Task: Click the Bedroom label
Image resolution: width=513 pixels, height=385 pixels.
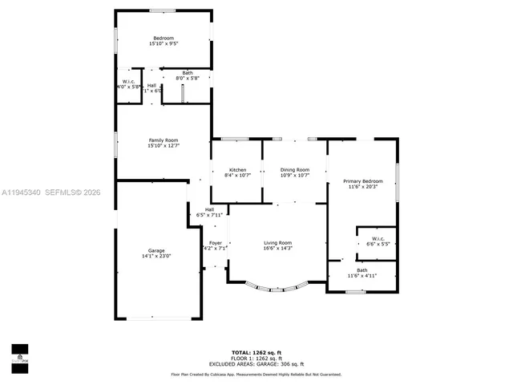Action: click(x=164, y=38)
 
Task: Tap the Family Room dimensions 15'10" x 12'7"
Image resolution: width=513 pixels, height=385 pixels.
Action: click(x=164, y=147)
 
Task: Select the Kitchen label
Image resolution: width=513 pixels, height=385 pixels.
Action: click(x=237, y=170)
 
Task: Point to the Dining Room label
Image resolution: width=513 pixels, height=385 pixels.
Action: click(x=294, y=170)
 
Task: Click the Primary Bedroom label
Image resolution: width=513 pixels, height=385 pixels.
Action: click(x=362, y=181)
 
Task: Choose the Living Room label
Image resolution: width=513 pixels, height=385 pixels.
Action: click(x=278, y=243)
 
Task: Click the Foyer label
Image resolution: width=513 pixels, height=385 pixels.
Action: click(x=216, y=243)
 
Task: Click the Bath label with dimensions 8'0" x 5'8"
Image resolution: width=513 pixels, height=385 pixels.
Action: click(x=187, y=73)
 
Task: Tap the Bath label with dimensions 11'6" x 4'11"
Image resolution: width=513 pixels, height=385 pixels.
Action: click(x=362, y=269)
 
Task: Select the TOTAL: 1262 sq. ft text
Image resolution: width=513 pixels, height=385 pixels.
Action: click(x=256, y=352)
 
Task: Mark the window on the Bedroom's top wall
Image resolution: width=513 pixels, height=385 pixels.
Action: click(x=163, y=10)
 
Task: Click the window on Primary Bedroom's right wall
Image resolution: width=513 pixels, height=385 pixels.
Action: click(x=398, y=183)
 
